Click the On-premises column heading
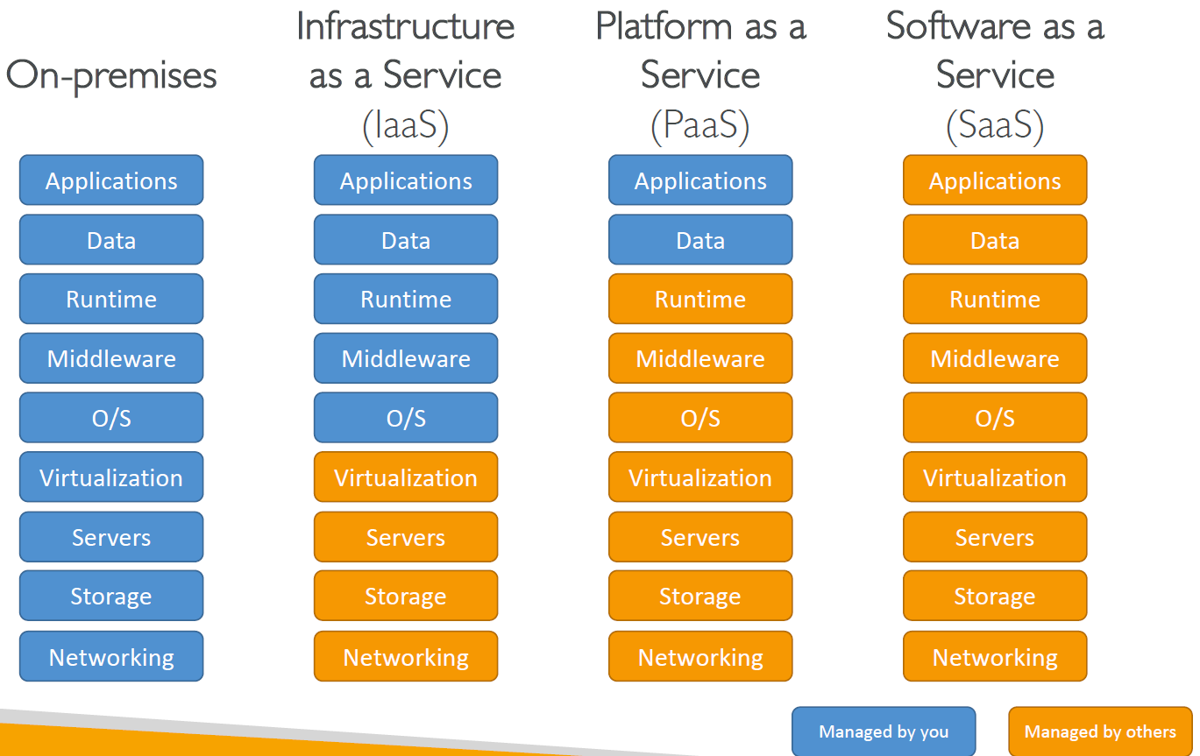click(x=111, y=75)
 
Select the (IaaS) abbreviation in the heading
click(x=405, y=127)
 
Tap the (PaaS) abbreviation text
click(x=699, y=127)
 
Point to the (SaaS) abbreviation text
click(x=995, y=127)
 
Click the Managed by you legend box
click(x=883, y=731)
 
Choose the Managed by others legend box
click(x=1099, y=731)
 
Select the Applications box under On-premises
click(x=111, y=180)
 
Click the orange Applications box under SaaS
click(x=995, y=180)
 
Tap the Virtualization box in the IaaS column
click(x=406, y=477)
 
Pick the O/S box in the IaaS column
click(x=406, y=418)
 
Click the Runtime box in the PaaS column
click(x=700, y=299)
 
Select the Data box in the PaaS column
click(x=700, y=240)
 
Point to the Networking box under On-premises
click(x=111, y=656)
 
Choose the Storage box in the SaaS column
click(x=995, y=597)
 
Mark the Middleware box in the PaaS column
click(x=700, y=358)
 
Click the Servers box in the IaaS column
click(x=406, y=537)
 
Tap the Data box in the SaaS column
click(x=995, y=240)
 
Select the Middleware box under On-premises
click(x=111, y=358)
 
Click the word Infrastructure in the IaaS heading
click(x=405, y=26)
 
